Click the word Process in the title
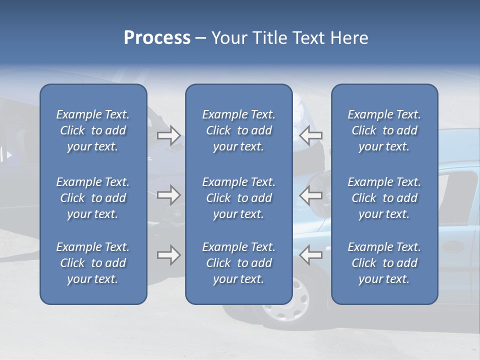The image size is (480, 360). (x=157, y=38)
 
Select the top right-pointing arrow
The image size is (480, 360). (x=168, y=135)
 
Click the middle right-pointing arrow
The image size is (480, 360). (x=168, y=194)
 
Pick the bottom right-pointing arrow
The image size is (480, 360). (x=168, y=255)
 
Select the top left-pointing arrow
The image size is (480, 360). (x=310, y=135)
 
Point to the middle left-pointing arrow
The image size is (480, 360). (x=310, y=194)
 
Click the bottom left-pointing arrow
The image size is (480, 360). (x=310, y=255)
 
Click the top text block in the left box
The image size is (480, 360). (x=93, y=130)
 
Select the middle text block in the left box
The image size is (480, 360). (x=93, y=198)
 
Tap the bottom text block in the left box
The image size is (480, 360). (x=93, y=263)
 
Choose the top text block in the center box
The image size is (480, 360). (x=239, y=130)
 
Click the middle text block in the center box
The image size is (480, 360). (x=239, y=198)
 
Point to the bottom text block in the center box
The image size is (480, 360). (x=239, y=263)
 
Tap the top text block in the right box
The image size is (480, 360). (x=384, y=130)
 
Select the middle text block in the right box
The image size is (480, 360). (x=384, y=198)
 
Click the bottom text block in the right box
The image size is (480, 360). (x=384, y=263)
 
